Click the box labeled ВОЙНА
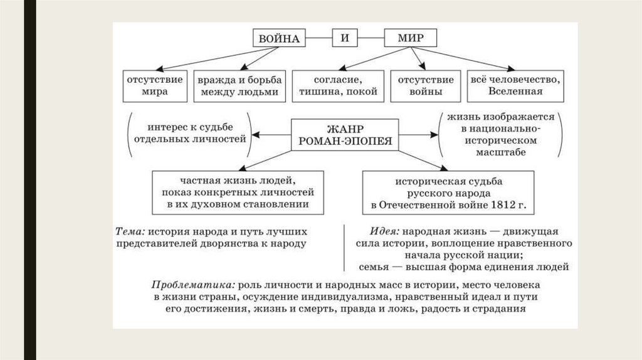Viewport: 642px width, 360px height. click(x=280, y=39)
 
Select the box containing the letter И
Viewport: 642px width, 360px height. click(x=344, y=39)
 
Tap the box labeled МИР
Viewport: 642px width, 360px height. click(x=411, y=39)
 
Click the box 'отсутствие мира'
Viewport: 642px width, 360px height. click(x=154, y=86)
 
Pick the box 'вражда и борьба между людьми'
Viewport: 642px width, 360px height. click(x=240, y=86)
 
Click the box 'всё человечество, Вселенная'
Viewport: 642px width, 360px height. click(x=515, y=86)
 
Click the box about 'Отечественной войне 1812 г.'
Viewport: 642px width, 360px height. click(x=448, y=193)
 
